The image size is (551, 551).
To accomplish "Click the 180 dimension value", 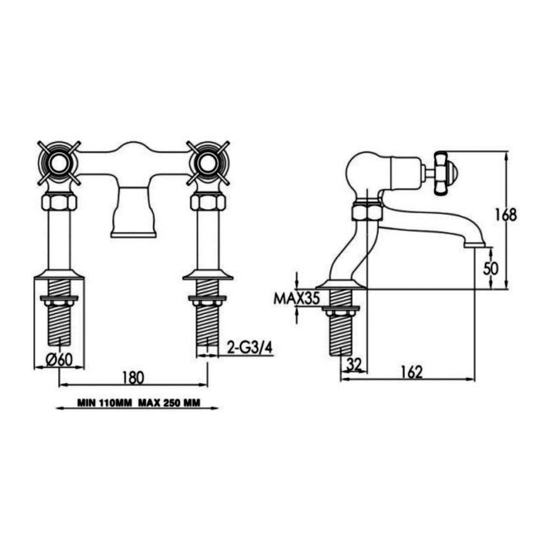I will [x=134, y=377].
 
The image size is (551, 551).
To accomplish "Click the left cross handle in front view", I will [x=59, y=163].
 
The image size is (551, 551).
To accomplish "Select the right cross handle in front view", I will [x=207, y=163].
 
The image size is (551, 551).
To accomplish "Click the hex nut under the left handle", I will [x=59, y=202].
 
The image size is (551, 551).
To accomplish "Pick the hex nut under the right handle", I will [x=207, y=202].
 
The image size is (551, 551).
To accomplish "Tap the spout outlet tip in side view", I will [x=475, y=244].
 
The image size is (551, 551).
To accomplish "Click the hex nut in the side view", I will [x=365, y=211].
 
